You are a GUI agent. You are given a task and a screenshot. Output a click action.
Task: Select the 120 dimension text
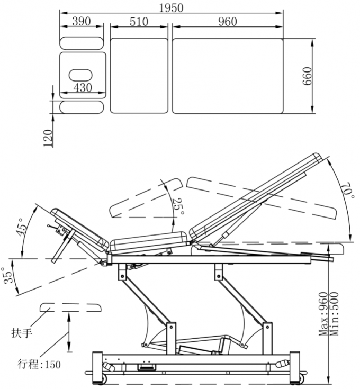tap(49, 138)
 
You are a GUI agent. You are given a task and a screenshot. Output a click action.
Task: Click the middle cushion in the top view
tap(139, 75)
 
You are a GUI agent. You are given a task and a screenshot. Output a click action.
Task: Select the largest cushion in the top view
tap(228, 75)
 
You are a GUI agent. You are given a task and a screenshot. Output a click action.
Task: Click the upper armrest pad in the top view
tap(81, 42)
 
